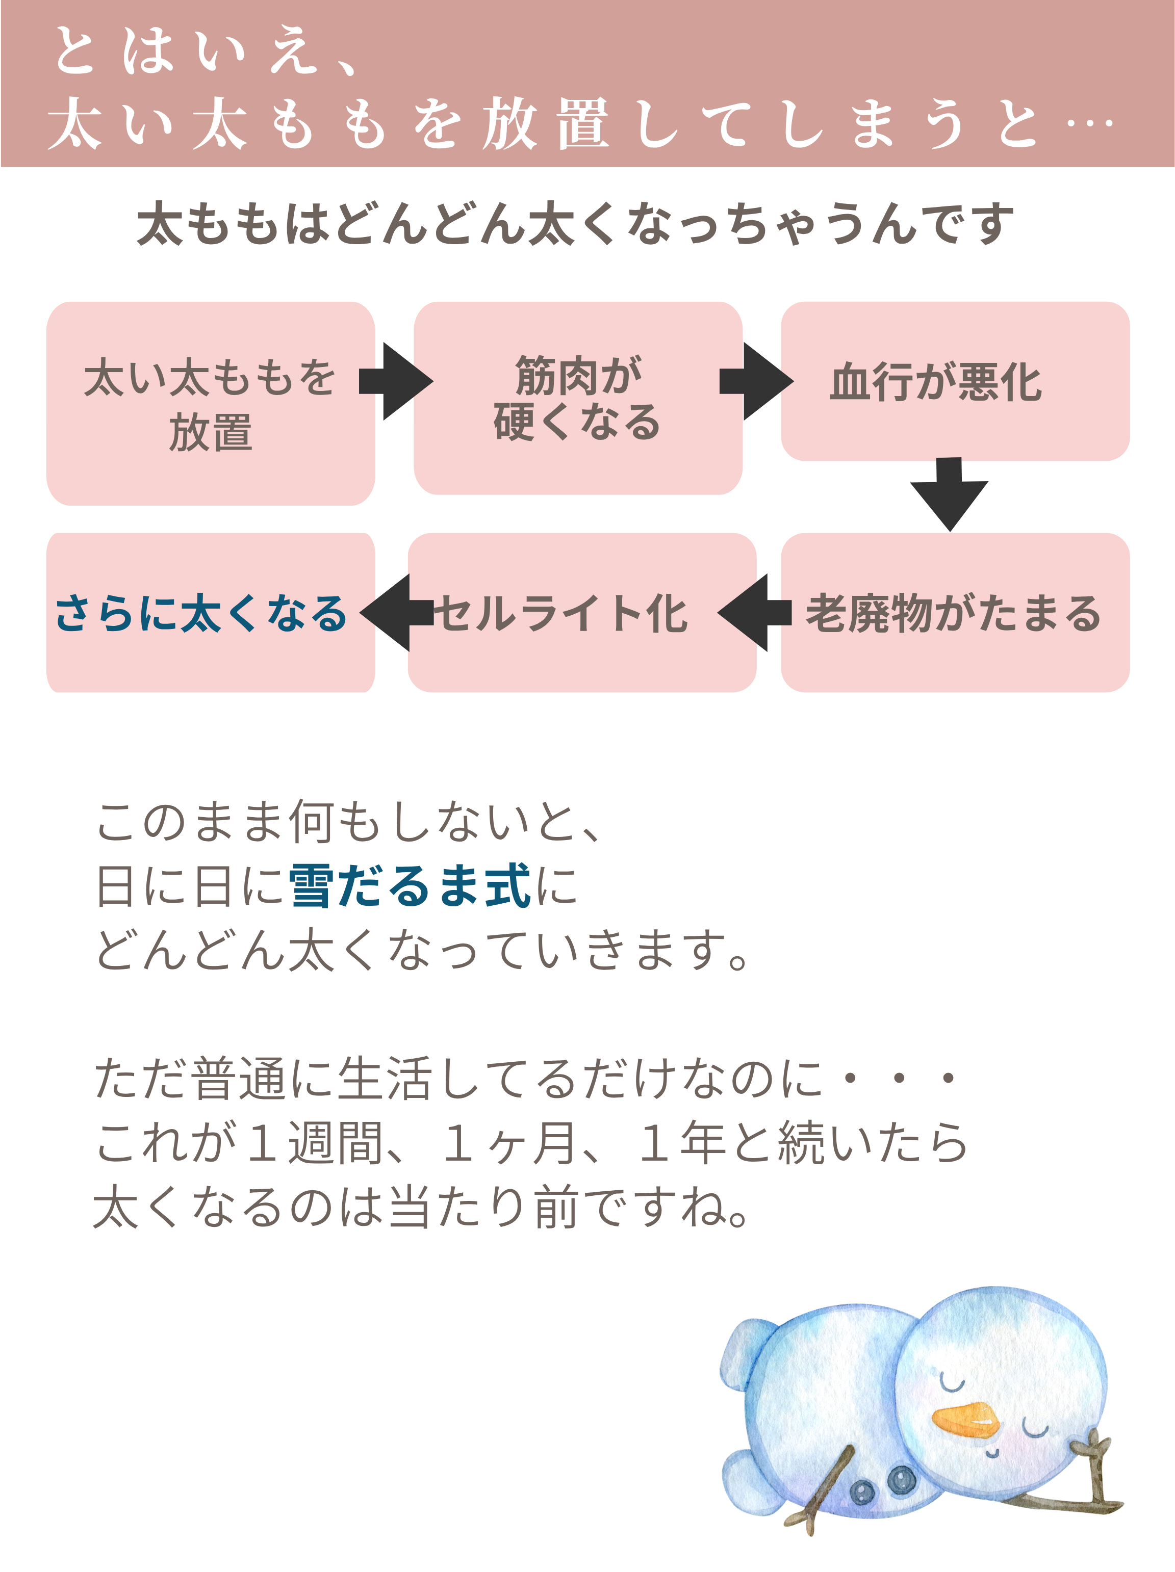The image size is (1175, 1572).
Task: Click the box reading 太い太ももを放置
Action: point(211,403)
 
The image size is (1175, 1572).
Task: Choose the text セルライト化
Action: point(561,613)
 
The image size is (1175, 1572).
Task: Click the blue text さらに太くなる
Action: point(201,613)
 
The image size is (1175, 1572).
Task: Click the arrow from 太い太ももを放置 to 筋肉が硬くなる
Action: point(395,382)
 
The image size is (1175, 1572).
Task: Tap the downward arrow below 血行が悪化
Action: point(949,494)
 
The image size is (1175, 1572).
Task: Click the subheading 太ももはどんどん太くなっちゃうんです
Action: point(576,223)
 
